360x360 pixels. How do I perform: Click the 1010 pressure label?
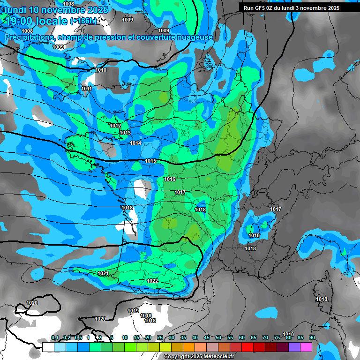point(101,70)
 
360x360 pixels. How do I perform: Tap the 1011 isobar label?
point(86,89)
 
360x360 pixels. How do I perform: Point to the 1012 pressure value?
point(115,126)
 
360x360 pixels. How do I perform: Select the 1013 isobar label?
point(125,133)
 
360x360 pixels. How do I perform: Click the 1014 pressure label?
point(135,143)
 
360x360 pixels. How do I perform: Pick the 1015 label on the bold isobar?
point(150,161)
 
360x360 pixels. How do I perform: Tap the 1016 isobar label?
point(170,180)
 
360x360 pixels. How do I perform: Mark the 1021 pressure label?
point(103,273)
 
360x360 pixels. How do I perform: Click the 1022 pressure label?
point(152,281)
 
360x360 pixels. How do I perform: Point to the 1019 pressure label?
point(133,311)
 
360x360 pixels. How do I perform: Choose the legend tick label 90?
point(312,337)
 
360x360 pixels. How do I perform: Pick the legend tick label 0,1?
point(55,337)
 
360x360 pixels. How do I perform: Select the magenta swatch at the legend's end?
point(306,347)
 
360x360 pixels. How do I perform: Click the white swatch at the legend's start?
point(48,347)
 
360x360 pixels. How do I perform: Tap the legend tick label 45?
point(207,337)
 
